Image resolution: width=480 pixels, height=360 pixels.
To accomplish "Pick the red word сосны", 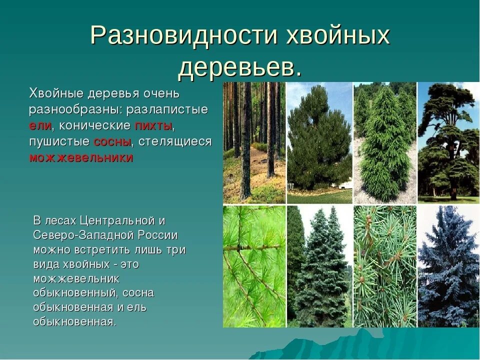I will coord(112,141).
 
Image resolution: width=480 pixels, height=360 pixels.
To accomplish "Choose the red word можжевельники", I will coord(81,158).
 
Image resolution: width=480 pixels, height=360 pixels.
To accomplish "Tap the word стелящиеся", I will coord(175,141).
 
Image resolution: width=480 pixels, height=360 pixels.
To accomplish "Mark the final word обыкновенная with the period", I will coord(74,321).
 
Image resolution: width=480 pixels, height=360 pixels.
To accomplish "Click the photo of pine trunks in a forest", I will coord(254,142).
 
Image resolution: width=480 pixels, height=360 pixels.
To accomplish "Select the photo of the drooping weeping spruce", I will coord(384,142).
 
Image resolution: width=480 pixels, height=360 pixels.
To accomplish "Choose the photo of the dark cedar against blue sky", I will coord(448,142).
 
